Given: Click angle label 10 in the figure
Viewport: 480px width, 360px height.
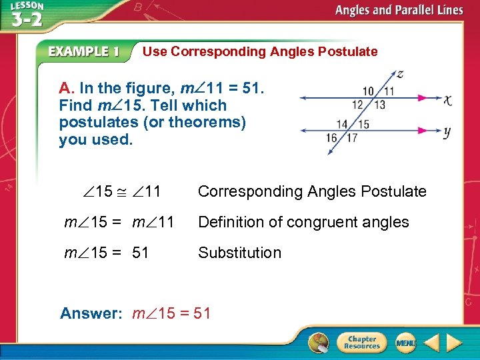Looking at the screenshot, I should [368, 91].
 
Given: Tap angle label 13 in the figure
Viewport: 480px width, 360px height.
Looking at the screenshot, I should [379, 104].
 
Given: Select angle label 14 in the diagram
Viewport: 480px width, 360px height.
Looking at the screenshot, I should [342, 124].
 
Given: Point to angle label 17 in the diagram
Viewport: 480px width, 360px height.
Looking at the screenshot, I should [352, 138].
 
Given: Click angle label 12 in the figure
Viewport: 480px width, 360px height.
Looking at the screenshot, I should [358, 104].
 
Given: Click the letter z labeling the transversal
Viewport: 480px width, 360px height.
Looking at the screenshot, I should [399, 73].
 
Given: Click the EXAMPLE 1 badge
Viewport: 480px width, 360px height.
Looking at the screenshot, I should [84, 51].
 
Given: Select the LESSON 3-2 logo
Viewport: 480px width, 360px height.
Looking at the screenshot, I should [25, 15].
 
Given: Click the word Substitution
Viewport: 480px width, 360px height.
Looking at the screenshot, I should [239, 253].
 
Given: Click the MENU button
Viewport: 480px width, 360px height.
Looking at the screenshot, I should [405, 343].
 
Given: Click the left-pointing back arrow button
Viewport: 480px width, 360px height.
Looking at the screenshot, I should [431, 343].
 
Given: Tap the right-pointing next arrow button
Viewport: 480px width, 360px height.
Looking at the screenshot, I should [454, 343].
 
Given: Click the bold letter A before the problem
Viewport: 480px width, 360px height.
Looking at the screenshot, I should [65, 88].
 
